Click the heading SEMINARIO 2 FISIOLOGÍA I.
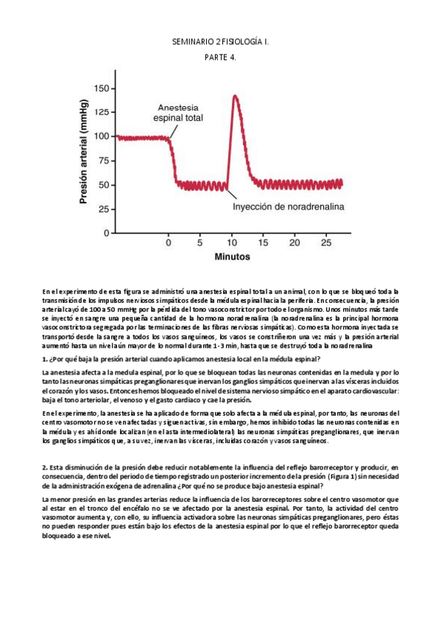coord(220,44)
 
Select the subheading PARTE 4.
coord(220,59)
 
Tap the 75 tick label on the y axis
coord(102,161)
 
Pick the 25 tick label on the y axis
coord(102,209)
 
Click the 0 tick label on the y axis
coord(105,233)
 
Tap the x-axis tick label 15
coord(263,242)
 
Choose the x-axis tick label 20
coord(294,242)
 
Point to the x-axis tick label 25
coord(326,242)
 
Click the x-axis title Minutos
coord(232,257)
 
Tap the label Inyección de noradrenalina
coord(289,207)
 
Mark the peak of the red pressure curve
coord(235,96)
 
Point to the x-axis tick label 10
coord(232,242)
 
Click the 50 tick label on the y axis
coord(102,185)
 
